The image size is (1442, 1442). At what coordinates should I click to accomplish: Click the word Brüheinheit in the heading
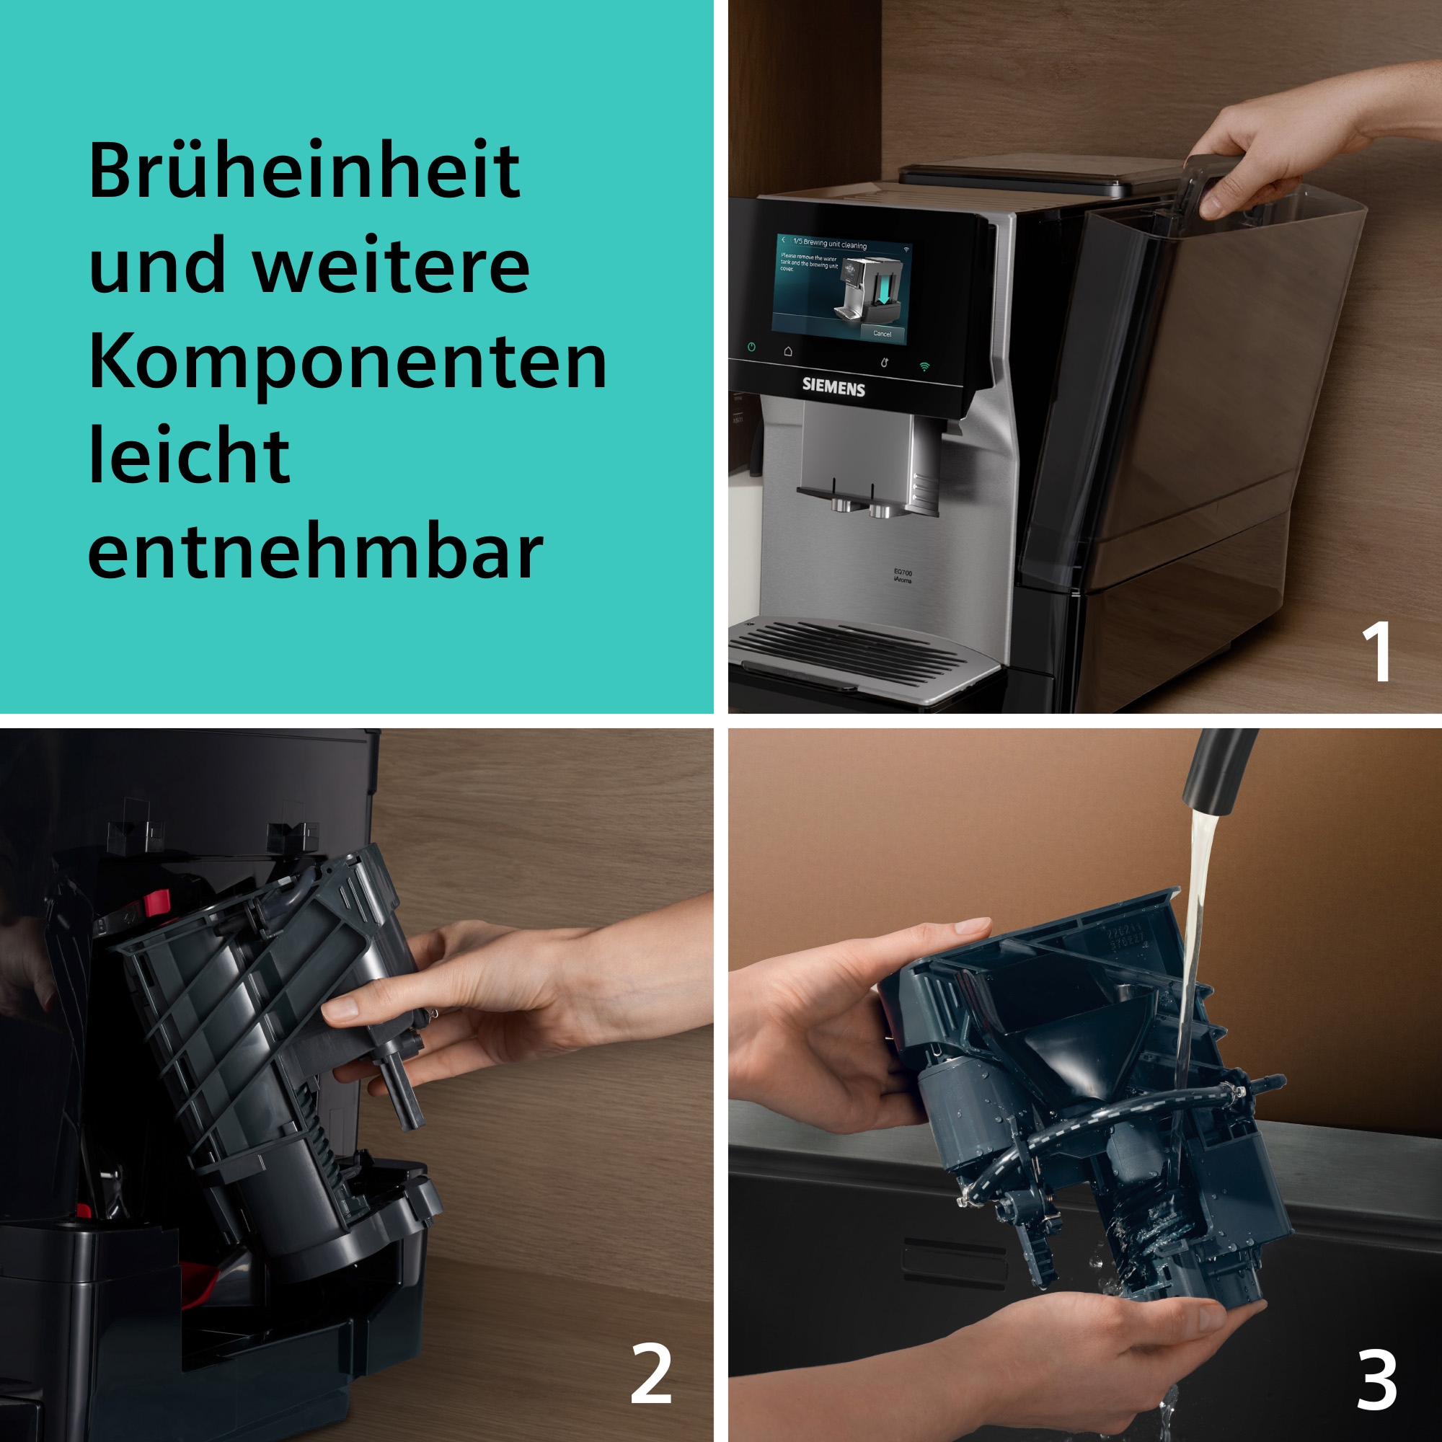click(x=304, y=170)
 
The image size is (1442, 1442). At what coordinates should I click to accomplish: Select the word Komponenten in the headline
click(x=347, y=362)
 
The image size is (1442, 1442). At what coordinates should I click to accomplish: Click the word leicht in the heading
click(x=189, y=457)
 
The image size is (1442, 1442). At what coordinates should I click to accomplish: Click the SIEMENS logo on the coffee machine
click(x=833, y=386)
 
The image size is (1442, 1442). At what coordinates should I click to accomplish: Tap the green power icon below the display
click(x=751, y=347)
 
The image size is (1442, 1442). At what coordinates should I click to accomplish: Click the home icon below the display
click(x=788, y=351)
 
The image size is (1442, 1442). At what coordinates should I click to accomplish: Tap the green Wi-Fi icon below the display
click(x=925, y=366)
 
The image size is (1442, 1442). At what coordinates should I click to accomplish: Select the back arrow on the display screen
click(x=783, y=239)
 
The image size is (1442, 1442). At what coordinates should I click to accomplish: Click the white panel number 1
click(x=1376, y=652)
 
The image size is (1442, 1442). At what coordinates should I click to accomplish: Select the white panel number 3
click(x=1376, y=1380)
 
